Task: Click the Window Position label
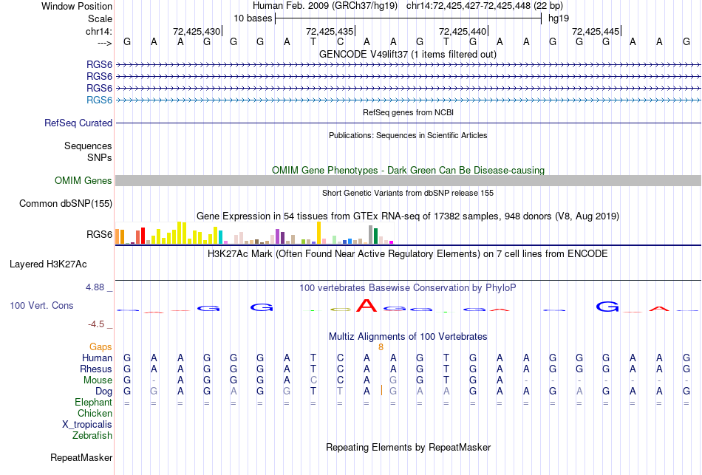[x=77, y=6]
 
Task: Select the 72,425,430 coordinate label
[x=197, y=31]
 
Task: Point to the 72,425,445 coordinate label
[x=596, y=31]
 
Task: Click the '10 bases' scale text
[x=253, y=18]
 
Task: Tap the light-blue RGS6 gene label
[x=99, y=100]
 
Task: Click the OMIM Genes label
[x=84, y=180]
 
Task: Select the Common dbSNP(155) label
[x=66, y=203]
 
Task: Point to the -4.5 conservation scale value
[x=96, y=324]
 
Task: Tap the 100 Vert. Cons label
[x=41, y=305]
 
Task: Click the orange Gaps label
[x=100, y=346]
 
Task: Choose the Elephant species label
[x=93, y=402]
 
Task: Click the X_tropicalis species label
[x=87, y=424]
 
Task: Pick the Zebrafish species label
[x=92, y=435]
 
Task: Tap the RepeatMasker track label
[x=81, y=457]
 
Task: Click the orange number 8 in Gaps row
[x=381, y=346]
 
